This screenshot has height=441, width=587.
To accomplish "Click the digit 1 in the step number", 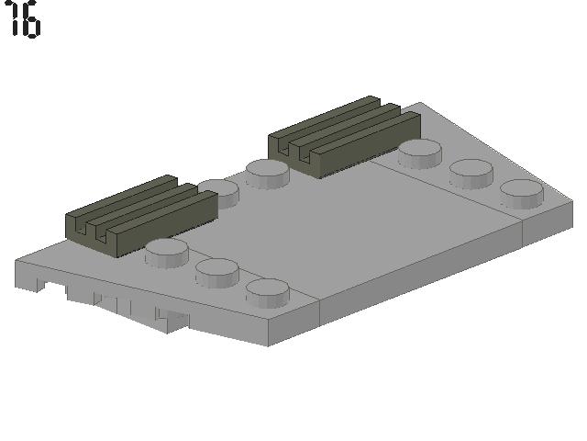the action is click(x=14, y=18).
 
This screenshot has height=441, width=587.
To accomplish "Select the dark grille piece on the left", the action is click(x=141, y=216).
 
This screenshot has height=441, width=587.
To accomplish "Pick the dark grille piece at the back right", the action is click(x=345, y=137).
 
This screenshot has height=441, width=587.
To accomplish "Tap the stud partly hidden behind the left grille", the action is click(x=221, y=192).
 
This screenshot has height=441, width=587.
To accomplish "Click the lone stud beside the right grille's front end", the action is click(x=268, y=173).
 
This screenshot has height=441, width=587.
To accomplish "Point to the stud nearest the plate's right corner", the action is click(x=522, y=194).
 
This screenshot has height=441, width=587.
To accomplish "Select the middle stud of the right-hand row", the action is click(x=471, y=174).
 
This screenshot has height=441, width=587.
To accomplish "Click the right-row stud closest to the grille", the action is click(x=420, y=153).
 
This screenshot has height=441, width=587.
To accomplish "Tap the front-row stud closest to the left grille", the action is click(x=167, y=254).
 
